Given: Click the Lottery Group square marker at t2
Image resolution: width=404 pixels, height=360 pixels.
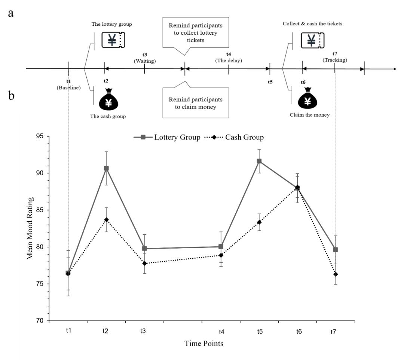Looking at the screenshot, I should (106, 168).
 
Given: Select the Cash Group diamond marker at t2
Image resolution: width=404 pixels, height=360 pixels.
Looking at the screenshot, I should (106, 219).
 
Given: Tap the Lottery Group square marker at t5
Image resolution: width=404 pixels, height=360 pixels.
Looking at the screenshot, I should (259, 161).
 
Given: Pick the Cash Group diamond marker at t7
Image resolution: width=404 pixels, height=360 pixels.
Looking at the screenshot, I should (336, 274).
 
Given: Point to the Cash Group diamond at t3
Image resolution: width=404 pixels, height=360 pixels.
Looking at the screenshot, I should (144, 264).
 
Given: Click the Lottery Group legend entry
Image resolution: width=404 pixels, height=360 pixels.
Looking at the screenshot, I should (166, 137).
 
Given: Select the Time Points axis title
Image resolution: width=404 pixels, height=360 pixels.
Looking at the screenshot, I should (204, 344).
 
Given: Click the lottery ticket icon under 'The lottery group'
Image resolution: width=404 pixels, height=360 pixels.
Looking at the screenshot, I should (113, 39).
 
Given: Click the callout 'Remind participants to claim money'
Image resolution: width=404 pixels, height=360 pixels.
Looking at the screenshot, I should (195, 103).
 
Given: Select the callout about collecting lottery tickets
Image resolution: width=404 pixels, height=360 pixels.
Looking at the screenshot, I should (195, 33).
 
